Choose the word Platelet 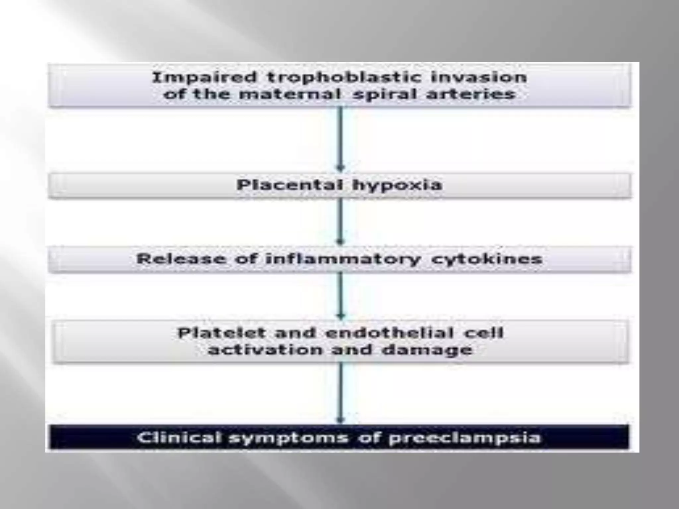point(222,333)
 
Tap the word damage point(427,350)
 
